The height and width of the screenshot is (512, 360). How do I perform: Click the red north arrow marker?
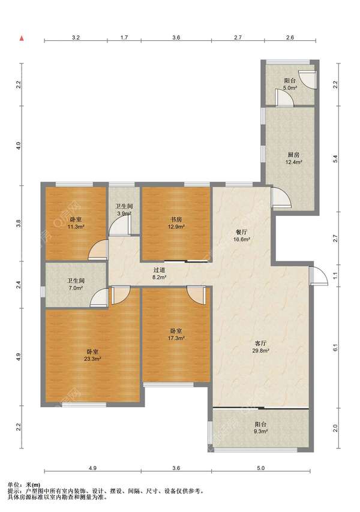[x=22, y=38]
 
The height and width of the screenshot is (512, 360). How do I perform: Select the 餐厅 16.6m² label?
[x=241, y=236]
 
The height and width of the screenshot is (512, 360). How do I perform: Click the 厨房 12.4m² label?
[x=293, y=158]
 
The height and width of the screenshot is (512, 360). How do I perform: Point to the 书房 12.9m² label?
[x=176, y=222]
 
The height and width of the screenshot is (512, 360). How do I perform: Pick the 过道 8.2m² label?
[x=159, y=273]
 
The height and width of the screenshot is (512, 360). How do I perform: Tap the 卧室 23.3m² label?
[x=92, y=356]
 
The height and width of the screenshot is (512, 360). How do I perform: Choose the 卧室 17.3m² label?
[x=176, y=335]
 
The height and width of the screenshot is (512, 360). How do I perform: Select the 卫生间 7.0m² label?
[x=76, y=284]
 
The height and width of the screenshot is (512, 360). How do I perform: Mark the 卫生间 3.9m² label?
[x=124, y=210]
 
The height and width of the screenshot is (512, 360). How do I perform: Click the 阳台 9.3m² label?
[x=260, y=427]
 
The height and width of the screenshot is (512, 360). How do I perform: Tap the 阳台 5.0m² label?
[x=290, y=84]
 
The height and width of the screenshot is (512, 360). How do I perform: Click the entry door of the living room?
[x=319, y=276]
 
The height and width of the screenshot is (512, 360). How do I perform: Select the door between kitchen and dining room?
[x=281, y=198]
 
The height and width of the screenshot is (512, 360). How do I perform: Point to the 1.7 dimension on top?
[x=124, y=37]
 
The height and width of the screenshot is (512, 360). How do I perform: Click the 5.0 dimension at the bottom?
[x=260, y=468]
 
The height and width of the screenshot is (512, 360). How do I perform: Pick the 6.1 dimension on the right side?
[x=335, y=348]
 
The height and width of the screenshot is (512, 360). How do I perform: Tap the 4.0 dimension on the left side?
[x=19, y=146]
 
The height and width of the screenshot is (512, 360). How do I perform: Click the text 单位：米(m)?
[x=24, y=485]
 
